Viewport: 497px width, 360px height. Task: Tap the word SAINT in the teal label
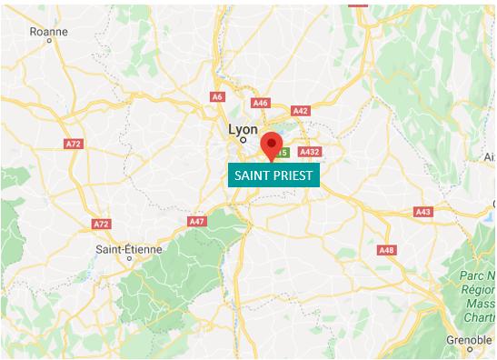(x=253, y=175)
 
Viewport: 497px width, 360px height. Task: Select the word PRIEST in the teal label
(x=293, y=175)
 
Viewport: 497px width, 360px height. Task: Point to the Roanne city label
(x=49, y=32)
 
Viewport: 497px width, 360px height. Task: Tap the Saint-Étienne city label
(x=130, y=247)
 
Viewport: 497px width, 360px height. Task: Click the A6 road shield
(x=217, y=96)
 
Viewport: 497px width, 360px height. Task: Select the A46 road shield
(x=262, y=103)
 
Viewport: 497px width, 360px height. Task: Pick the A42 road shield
(x=301, y=111)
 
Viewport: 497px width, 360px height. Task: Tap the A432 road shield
(x=310, y=152)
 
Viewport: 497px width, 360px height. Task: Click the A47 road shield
(x=197, y=221)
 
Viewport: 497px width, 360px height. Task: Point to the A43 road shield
(x=422, y=211)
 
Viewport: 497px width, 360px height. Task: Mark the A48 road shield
(x=387, y=250)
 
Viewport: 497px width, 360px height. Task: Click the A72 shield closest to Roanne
(x=74, y=144)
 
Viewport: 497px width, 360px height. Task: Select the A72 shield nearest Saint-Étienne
(x=102, y=224)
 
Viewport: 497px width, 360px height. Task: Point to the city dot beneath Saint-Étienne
(x=130, y=258)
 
